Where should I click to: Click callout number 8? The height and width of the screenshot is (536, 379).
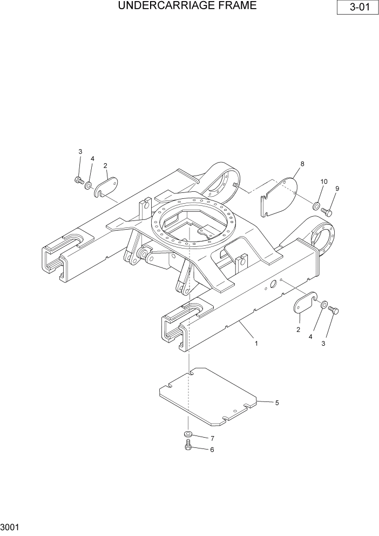[x=302, y=163]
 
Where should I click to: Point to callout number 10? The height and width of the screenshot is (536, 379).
[x=323, y=182]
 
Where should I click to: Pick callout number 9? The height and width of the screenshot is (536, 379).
[x=337, y=189]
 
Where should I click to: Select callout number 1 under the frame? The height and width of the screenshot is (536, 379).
[x=256, y=343]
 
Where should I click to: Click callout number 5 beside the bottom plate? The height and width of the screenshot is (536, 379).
[x=277, y=403]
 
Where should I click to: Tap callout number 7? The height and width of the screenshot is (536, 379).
[x=212, y=438]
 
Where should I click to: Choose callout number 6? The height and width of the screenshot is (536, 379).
[x=212, y=450]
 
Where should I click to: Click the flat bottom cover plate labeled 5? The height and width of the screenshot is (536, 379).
[x=208, y=394]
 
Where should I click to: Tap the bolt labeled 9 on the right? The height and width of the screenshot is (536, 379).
[x=326, y=211]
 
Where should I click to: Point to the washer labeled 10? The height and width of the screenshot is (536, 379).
[x=314, y=205]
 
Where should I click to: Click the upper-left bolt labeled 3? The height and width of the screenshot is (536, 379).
[x=78, y=180]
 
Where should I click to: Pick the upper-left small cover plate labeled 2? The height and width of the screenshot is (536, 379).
[x=106, y=186]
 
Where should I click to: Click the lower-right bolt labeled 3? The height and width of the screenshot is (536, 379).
[x=333, y=310]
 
